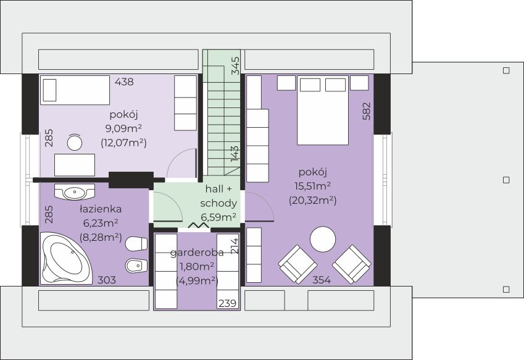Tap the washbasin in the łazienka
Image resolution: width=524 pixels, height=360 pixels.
point(74,192)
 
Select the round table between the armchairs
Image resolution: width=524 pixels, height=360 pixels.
point(323,240)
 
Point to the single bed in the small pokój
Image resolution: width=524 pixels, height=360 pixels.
point(75,91)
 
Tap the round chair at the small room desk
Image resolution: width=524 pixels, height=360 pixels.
point(75,143)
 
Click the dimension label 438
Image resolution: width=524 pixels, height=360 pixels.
point(124,81)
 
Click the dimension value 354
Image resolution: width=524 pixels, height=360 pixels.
point(321,280)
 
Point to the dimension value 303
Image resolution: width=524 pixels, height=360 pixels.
point(107,280)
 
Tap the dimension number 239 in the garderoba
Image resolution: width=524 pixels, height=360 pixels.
point(227,303)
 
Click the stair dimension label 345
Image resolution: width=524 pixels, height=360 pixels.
point(235,65)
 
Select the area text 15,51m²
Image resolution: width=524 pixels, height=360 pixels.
point(312,186)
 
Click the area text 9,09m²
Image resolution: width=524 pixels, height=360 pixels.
point(123,128)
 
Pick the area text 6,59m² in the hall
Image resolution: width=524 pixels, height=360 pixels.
point(218,217)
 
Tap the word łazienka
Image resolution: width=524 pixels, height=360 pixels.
point(100,209)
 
